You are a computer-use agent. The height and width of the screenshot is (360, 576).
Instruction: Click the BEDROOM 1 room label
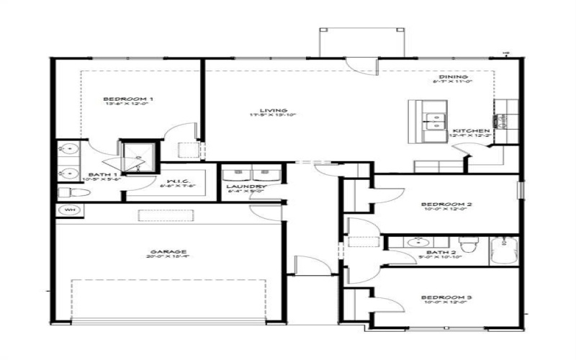[x=128, y=98]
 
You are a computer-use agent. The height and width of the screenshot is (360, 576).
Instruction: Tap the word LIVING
[x=269, y=110]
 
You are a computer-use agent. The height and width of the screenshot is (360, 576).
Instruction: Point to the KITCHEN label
[x=472, y=130]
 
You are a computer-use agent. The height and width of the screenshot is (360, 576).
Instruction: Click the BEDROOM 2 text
[x=446, y=204]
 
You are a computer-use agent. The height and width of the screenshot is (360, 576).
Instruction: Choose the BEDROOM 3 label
[x=446, y=297]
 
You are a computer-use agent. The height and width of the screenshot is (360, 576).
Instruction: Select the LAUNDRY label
[x=247, y=186]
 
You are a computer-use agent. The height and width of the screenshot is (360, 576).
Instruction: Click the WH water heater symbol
[x=71, y=210]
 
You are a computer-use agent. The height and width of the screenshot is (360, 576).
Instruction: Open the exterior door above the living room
[x=359, y=61]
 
